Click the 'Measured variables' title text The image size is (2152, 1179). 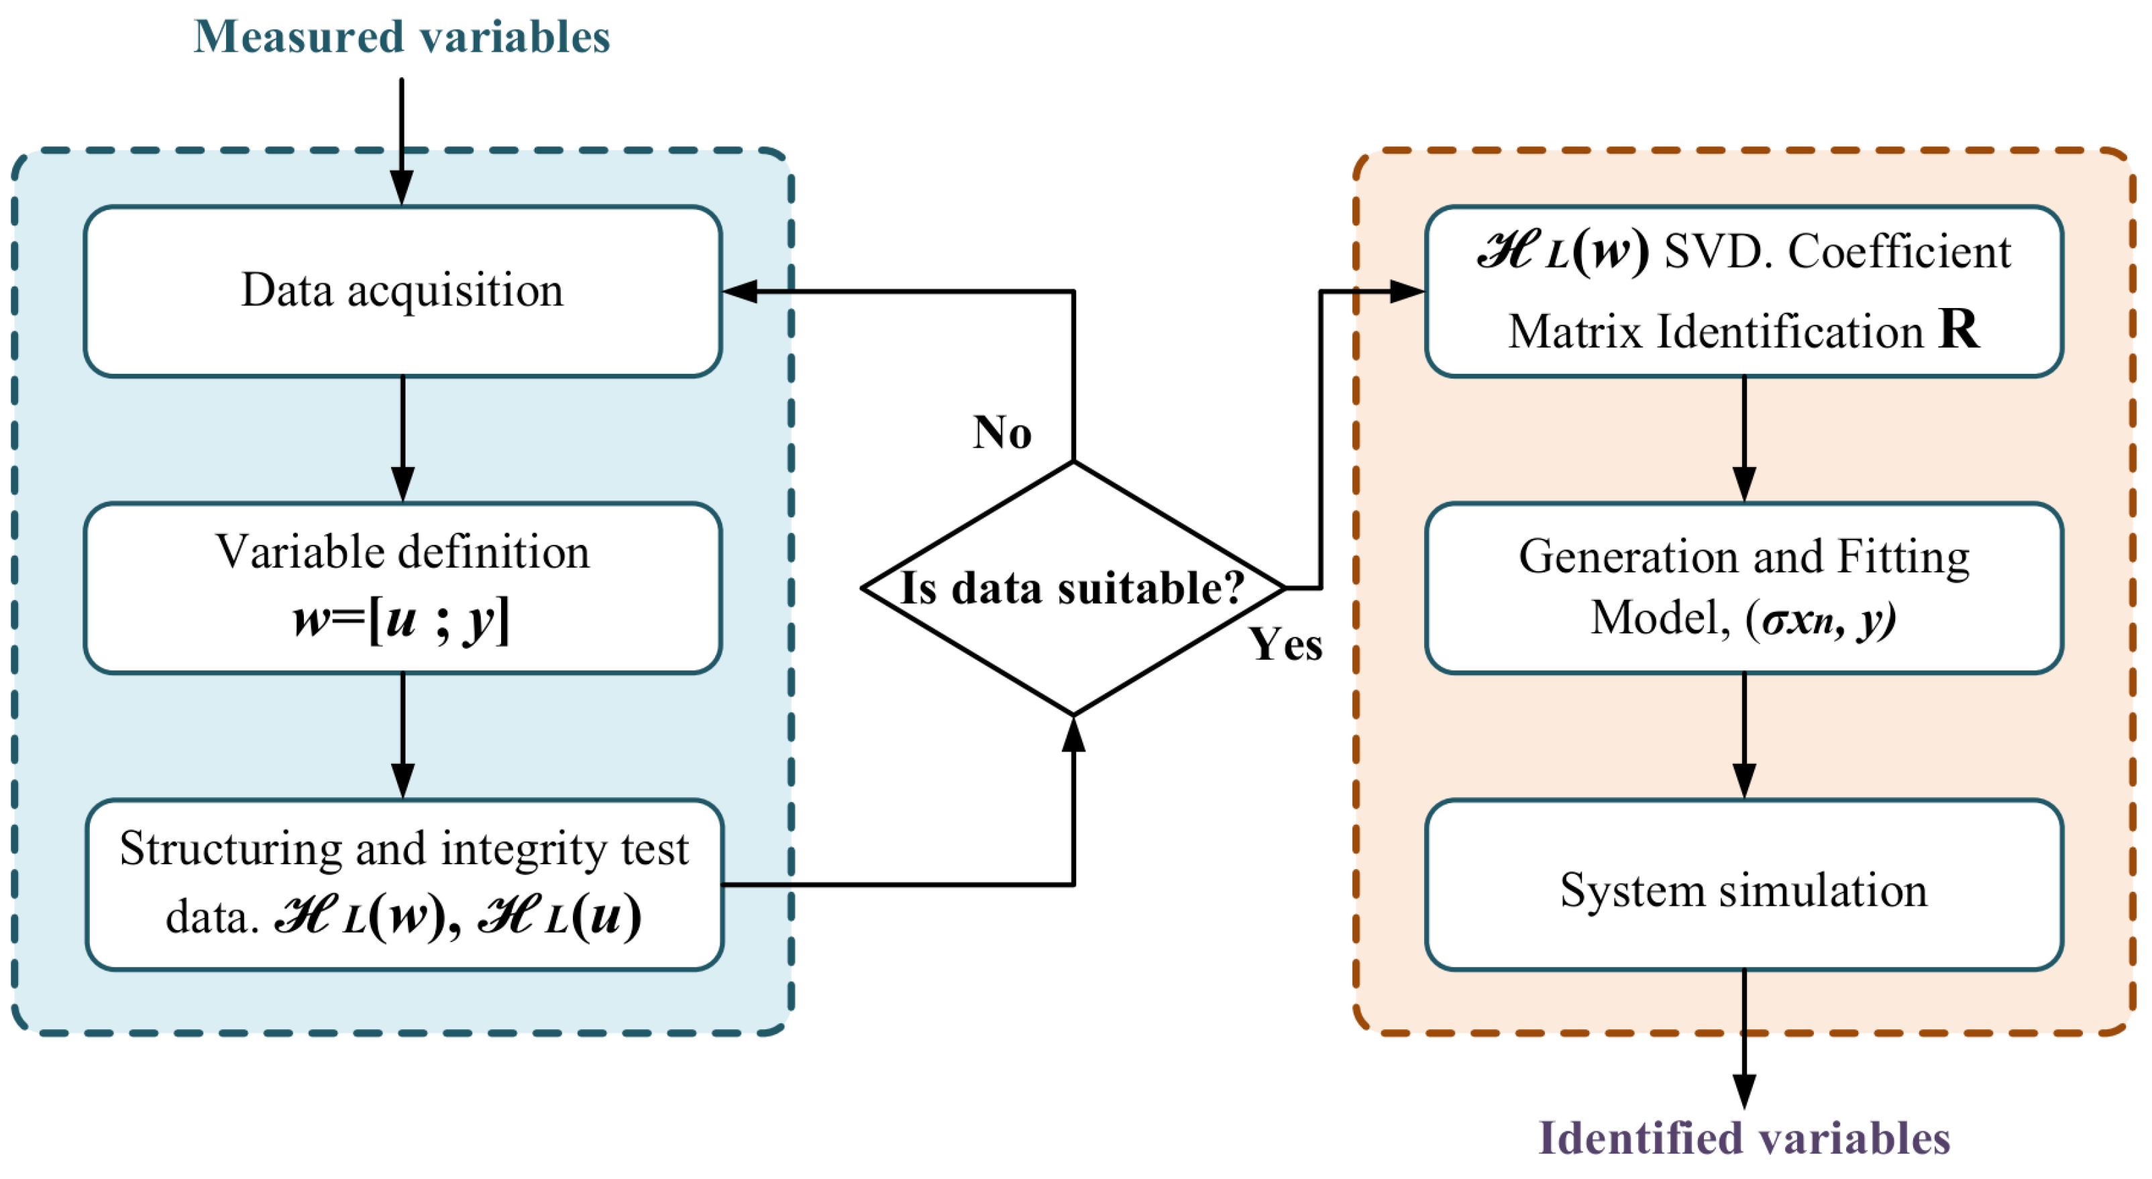[402, 38]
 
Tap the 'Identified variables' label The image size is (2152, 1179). [1743, 1138]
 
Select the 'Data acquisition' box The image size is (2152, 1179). [402, 291]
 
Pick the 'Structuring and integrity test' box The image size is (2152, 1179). [404, 884]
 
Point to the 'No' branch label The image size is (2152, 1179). [1002, 433]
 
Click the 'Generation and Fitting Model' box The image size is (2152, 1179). [1743, 587]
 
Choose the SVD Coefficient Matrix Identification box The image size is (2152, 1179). [1743, 291]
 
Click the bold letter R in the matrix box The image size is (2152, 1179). [1957, 329]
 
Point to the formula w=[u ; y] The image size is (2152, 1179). [402, 620]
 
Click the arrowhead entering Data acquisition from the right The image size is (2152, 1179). [740, 292]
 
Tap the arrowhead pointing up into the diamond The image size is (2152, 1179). [1073, 733]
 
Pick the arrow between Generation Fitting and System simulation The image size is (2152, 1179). [1743, 735]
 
